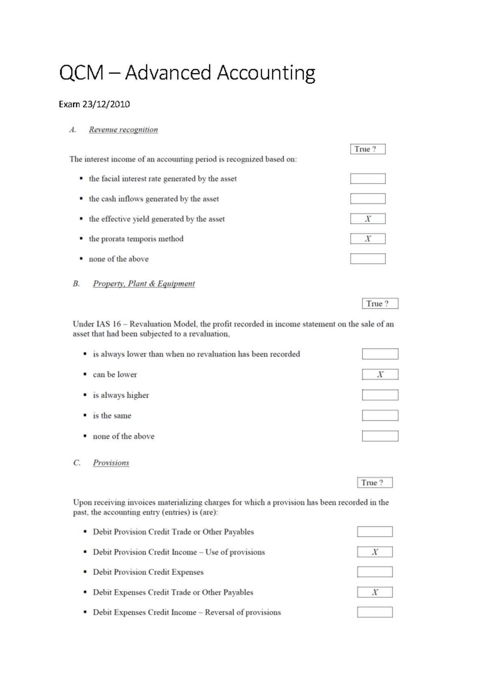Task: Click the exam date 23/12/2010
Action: click(106, 104)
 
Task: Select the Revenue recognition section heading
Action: click(123, 130)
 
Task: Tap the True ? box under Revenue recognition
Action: click(368, 149)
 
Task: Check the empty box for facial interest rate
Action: click(368, 179)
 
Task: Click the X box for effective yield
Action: click(368, 219)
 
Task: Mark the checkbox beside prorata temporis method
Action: click(368, 239)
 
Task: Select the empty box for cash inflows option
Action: click(368, 199)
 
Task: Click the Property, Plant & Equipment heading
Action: click(144, 284)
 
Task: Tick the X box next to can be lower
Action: click(380, 374)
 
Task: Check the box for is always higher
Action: click(380, 395)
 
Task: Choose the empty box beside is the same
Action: click(380, 415)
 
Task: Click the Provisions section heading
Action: click(111, 463)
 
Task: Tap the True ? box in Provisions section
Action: click(375, 483)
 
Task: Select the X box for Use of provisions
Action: click(375, 552)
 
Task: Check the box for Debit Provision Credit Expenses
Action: click(375, 572)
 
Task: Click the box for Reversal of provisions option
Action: click(375, 612)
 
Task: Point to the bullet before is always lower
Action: click(85, 354)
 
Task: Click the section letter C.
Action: click(77, 463)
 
